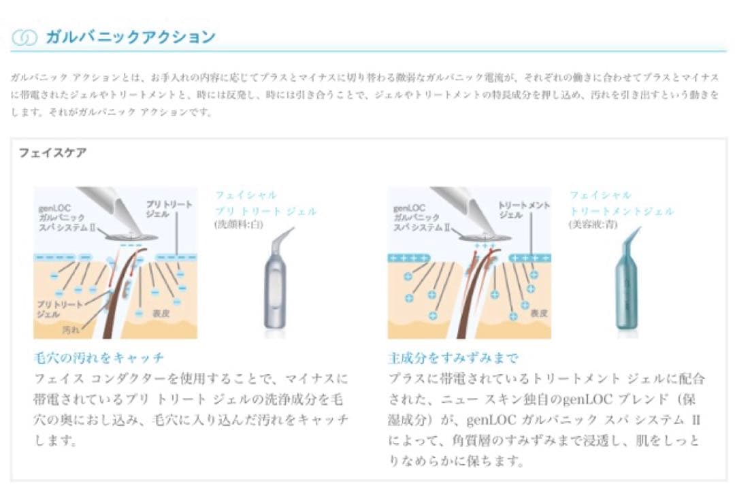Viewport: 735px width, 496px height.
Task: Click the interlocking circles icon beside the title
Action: (24, 37)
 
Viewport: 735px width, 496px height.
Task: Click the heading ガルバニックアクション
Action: (130, 37)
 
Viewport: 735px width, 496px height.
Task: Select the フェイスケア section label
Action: (52, 153)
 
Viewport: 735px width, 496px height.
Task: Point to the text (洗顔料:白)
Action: (239, 224)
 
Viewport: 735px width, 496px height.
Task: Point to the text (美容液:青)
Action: (593, 224)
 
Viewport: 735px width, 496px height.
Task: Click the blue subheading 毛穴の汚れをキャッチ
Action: (99, 357)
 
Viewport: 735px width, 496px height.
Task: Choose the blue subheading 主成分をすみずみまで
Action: (453, 357)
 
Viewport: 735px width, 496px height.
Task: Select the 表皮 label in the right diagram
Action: (539, 313)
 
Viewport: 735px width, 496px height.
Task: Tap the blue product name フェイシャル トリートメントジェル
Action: (621, 203)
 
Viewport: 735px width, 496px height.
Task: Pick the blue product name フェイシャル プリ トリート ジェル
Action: (265, 203)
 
